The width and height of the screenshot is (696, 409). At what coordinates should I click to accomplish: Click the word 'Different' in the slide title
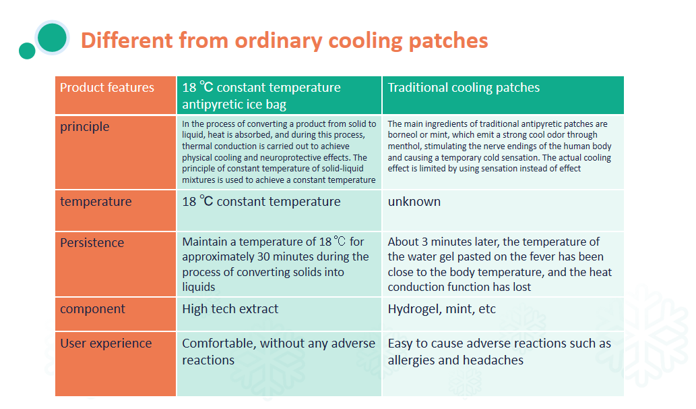click(127, 40)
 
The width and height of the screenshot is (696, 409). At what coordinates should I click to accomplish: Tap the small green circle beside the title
click(27, 51)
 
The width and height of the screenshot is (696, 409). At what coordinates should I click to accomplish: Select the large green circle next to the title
click(53, 37)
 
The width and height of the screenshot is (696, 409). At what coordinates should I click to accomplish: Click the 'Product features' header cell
click(115, 95)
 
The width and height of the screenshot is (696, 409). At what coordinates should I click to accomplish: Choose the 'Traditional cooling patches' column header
click(503, 95)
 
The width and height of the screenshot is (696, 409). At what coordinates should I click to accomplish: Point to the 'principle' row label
click(85, 127)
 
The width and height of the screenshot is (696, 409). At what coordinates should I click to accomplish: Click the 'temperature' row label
click(96, 201)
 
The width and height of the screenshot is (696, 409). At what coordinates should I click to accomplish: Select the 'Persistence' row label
click(92, 243)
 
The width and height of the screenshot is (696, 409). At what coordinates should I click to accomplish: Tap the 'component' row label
click(92, 309)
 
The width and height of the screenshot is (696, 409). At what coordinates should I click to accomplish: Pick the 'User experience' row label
click(106, 344)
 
